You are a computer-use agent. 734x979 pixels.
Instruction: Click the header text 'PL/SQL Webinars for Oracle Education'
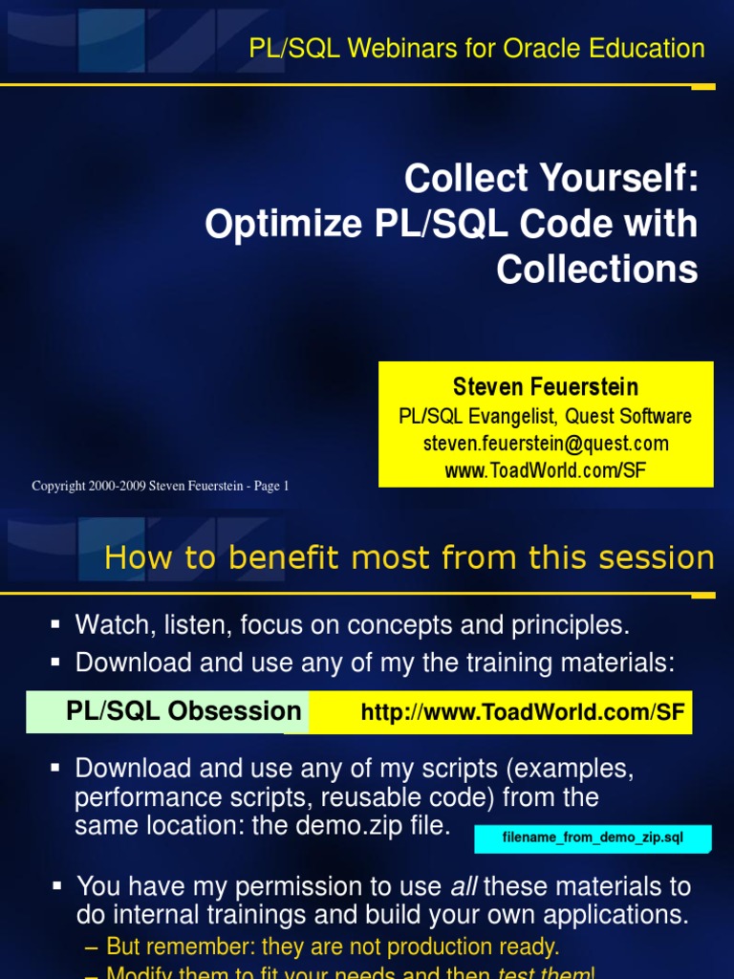pyautogui.click(x=476, y=48)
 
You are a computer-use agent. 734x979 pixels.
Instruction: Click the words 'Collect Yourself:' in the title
pyautogui.click(x=551, y=179)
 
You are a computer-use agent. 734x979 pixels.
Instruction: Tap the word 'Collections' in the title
pyautogui.click(x=597, y=270)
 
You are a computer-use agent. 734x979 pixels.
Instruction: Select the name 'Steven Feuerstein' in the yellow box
pyautogui.click(x=546, y=387)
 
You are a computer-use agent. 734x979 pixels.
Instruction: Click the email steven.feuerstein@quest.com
pyautogui.click(x=546, y=444)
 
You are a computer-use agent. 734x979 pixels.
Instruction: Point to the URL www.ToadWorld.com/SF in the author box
pyautogui.click(x=546, y=470)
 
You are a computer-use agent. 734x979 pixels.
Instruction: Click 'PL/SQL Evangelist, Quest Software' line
pyautogui.click(x=546, y=416)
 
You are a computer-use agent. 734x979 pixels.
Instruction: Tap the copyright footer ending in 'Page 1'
pyautogui.click(x=161, y=487)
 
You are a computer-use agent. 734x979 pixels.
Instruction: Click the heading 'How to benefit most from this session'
pyautogui.click(x=409, y=557)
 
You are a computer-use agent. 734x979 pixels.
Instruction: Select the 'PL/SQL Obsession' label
pyautogui.click(x=183, y=711)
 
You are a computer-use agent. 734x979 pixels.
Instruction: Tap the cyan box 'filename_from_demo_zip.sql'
pyautogui.click(x=593, y=838)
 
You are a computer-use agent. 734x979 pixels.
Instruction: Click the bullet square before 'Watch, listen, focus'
pyautogui.click(x=55, y=624)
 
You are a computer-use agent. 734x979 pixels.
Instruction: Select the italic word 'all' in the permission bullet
pyautogui.click(x=464, y=887)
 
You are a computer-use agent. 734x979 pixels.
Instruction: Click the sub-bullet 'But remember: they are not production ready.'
pyautogui.click(x=333, y=947)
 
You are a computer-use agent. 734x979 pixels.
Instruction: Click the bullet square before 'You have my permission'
pyautogui.click(x=57, y=886)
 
